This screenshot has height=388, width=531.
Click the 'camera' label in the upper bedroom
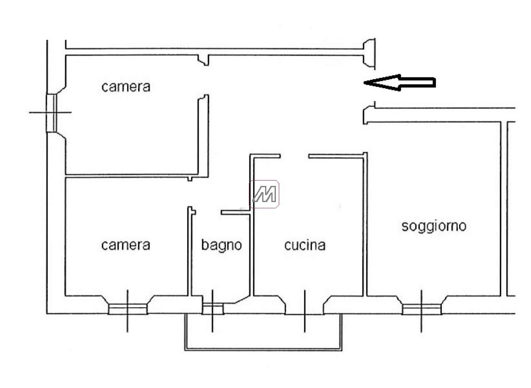coord(126,87)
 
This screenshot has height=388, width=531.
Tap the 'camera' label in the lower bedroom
coord(126,245)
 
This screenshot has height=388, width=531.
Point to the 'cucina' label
coord(305,245)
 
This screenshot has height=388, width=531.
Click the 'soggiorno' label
coord(434,227)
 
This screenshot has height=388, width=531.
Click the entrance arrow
coord(399,83)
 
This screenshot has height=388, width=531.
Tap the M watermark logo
coord(264,194)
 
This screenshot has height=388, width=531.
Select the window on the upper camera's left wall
coord(51,113)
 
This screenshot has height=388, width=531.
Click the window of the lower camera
coord(128,309)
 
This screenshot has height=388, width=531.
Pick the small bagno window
coord(213,308)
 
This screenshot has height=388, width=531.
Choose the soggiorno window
coord(422,309)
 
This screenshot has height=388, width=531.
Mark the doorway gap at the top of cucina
coord(295,156)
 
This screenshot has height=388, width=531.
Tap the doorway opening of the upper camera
coord(203,80)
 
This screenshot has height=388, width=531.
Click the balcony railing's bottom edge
coord(263,349)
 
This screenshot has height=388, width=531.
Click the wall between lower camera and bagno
coord(190,251)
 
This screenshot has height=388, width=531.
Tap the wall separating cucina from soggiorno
coord(365,224)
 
